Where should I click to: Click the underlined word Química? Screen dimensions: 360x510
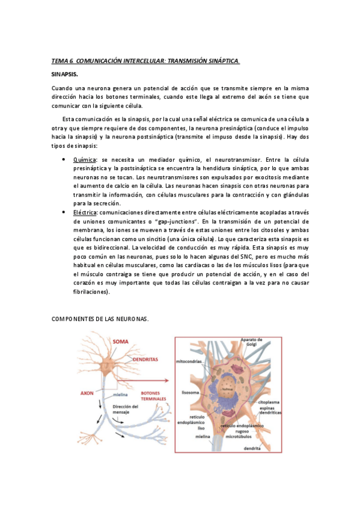(84, 161)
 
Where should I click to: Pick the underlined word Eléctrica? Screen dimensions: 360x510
(85, 212)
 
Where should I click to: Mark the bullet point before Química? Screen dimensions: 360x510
(64, 160)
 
